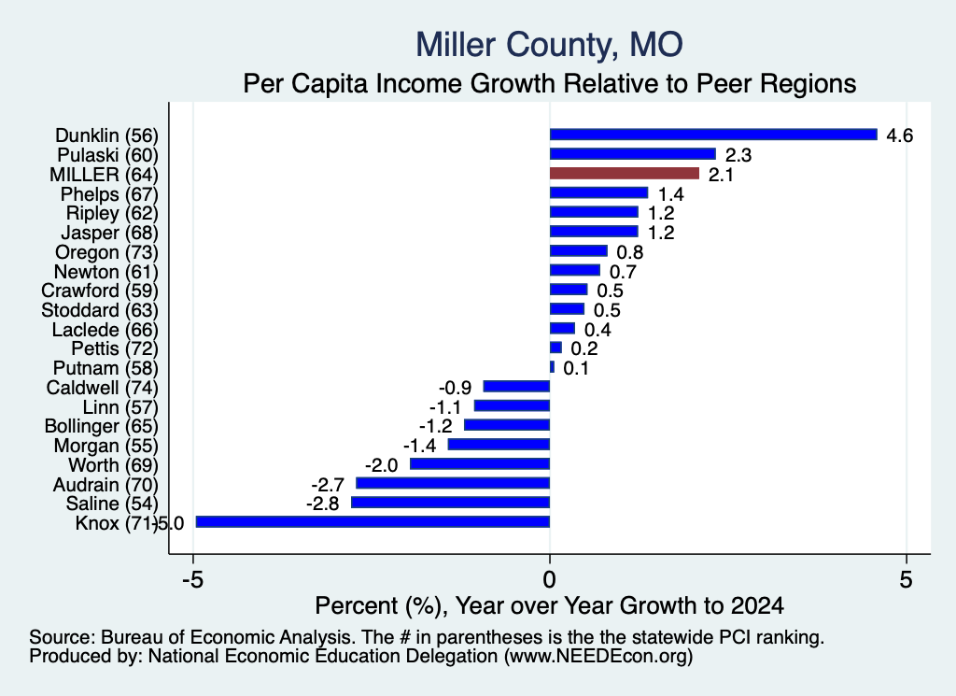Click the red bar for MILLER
pyautogui.click(x=625, y=174)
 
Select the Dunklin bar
pyautogui.click(x=713, y=135)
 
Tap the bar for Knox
pyautogui.click(x=373, y=521)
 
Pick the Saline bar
pyautogui.click(x=451, y=503)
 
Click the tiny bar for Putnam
pyautogui.click(x=553, y=367)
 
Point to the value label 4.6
pyautogui.click(x=899, y=135)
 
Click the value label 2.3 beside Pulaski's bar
pyautogui.click(x=738, y=155)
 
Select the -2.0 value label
pyautogui.click(x=382, y=465)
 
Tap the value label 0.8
pyautogui.click(x=630, y=252)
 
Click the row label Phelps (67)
pyautogui.click(x=109, y=194)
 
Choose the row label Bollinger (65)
pyautogui.click(x=101, y=426)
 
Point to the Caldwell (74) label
pyautogui.click(x=103, y=388)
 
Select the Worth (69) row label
pyautogui.click(x=113, y=465)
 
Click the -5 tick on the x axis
pyautogui.click(x=192, y=579)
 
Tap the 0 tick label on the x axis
pyautogui.click(x=549, y=579)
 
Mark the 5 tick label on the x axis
pyautogui.click(x=906, y=579)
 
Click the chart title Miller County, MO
pyautogui.click(x=549, y=45)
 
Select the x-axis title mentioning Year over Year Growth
pyautogui.click(x=549, y=605)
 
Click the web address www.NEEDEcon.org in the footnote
pyautogui.click(x=598, y=657)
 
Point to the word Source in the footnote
pyautogui.click(x=63, y=637)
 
